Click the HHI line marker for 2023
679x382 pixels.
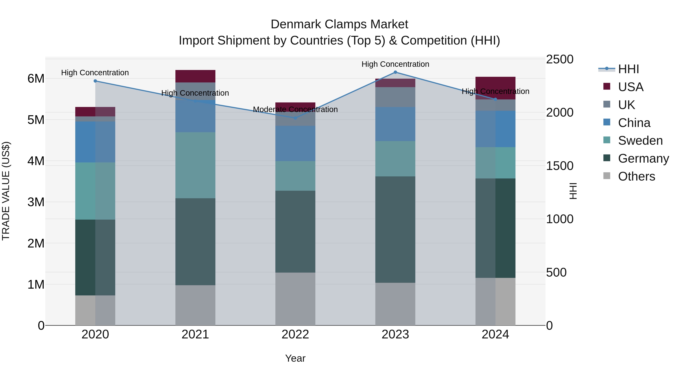pyautogui.click(x=395, y=72)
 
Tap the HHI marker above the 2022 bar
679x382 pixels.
pyautogui.click(x=295, y=118)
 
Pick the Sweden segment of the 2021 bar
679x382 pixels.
pyautogui.click(x=195, y=165)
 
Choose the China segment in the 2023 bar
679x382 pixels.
pyautogui.click(x=395, y=124)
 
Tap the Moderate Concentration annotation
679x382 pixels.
pyautogui.click(x=295, y=109)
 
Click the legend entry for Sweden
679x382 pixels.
pyautogui.click(x=640, y=141)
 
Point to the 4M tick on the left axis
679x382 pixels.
pyautogui.click(x=36, y=161)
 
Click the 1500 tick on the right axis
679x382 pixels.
pyautogui.click(x=559, y=166)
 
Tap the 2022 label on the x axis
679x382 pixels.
pyautogui.click(x=295, y=334)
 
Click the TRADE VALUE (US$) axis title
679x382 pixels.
pyautogui.click(x=6, y=191)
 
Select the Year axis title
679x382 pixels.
pyautogui.click(x=295, y=358)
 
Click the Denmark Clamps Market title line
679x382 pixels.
pyautogui.click(x=339, y=24)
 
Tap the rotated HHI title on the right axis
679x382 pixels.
pyautogui.click(x=573, y=191)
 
